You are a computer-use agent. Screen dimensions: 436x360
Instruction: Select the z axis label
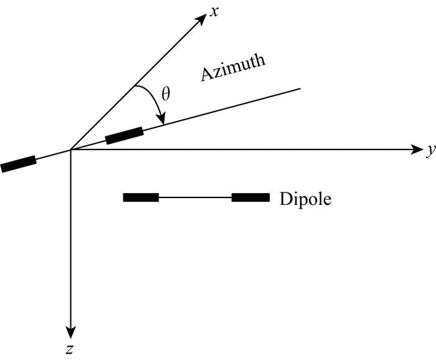(71, 349)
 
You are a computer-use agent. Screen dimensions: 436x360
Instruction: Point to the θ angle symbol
(165, 95)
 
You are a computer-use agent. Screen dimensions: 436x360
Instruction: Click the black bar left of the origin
(18, 164)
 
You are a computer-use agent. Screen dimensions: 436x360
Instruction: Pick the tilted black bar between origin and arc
(124, 135)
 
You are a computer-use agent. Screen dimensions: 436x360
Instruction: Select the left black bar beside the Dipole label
(141, 198)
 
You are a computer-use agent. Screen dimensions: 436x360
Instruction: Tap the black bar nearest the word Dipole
(250, 198)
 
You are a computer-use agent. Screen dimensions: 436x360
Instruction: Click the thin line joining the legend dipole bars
(195, 198)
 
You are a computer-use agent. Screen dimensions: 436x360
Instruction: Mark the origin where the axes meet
(71, 149)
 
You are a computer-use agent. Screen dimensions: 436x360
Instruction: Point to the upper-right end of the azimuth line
(300, 88)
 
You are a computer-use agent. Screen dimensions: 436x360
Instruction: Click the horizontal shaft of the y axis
(249, 149)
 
